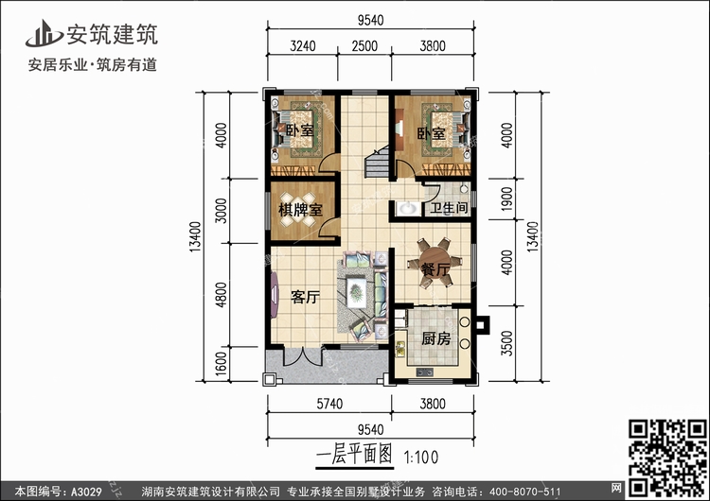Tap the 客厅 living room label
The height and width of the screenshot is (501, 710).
coord(305,297)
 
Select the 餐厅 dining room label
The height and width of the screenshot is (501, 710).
coord(435,271)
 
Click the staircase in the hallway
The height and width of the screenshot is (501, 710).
coord(375,163)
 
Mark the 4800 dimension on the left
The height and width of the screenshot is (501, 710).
coord(221,296)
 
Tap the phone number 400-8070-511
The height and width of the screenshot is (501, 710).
coord(533,491)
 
